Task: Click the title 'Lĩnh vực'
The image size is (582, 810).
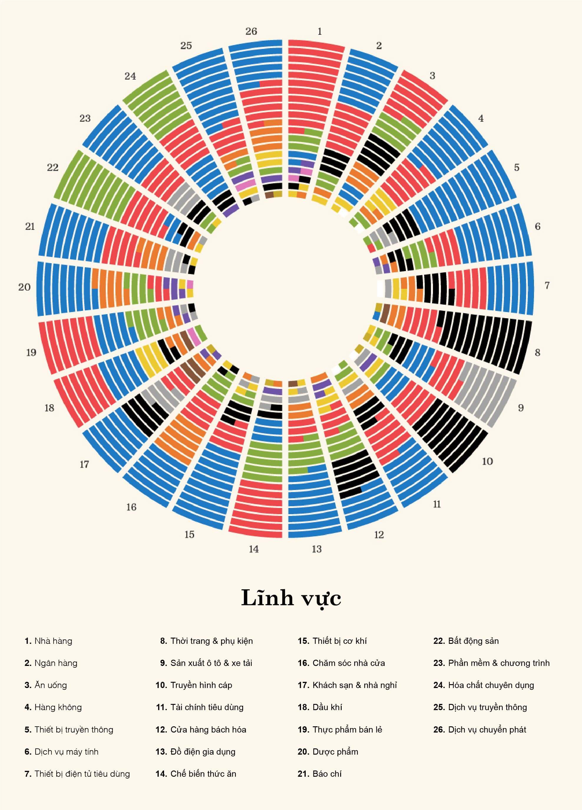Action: [x=291, y=597]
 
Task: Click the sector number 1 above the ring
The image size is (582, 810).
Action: [x=320, y=32]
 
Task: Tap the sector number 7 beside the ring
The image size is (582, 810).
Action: [x=547, y=285]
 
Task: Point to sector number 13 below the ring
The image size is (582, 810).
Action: [x=317, y=549]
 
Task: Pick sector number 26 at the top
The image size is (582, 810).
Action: [x=251, y=32]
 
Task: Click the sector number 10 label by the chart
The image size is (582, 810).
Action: [x=487, y=461]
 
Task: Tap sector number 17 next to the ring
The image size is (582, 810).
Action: [x=84, y=464]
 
